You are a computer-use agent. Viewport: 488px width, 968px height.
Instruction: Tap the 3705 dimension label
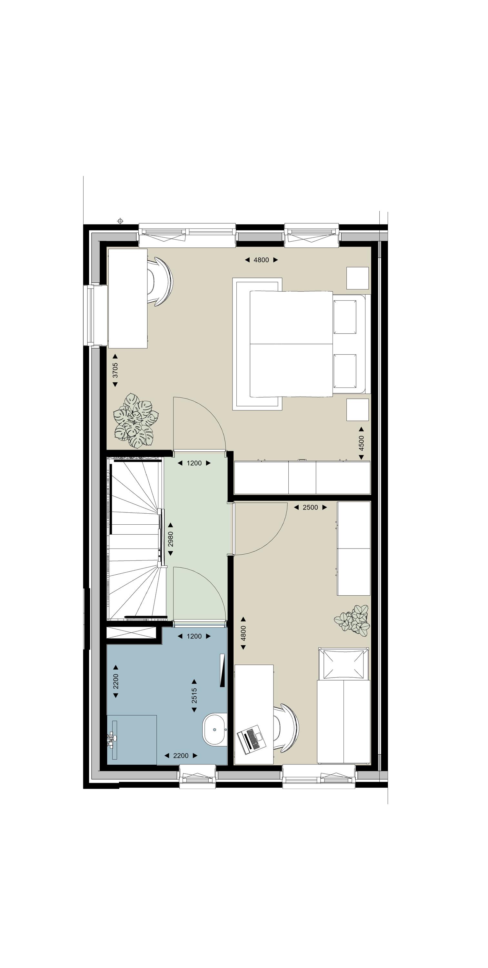115,370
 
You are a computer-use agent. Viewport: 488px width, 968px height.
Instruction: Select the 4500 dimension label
361,443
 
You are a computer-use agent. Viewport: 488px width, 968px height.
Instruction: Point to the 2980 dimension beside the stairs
171,539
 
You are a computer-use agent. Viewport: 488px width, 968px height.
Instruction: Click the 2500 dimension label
310,507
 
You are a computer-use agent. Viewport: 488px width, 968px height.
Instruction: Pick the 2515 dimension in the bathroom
194,696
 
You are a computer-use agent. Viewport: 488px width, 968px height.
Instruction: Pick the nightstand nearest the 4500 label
357,409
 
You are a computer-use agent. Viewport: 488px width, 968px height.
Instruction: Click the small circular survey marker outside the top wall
120,221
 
